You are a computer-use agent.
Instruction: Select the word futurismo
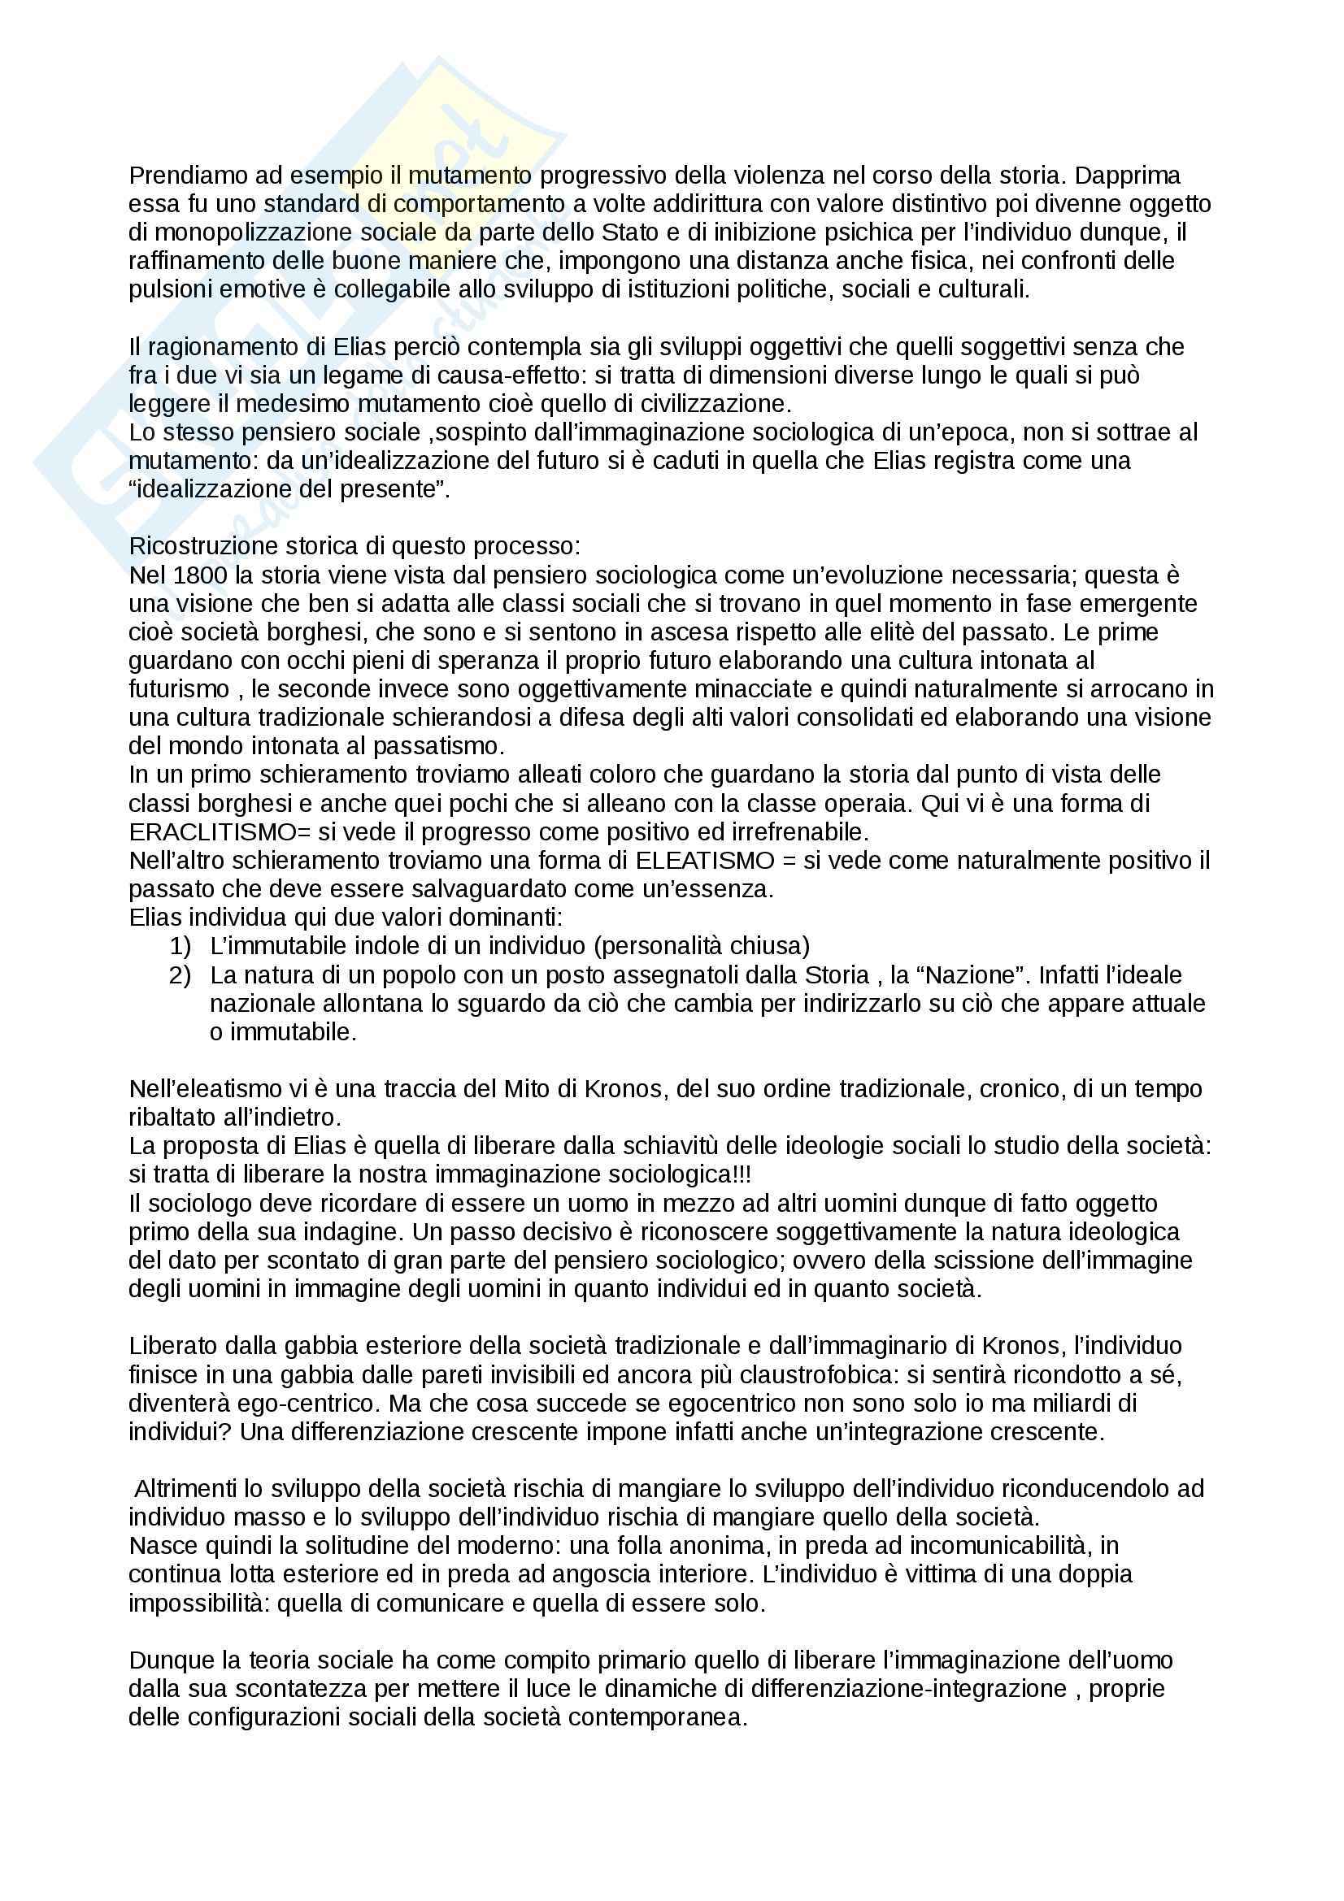coord(179,689)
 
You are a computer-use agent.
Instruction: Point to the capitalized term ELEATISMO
coord(704,860)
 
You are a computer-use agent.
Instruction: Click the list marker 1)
coord(180,945)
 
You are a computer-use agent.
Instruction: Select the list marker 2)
coord(180,974)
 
